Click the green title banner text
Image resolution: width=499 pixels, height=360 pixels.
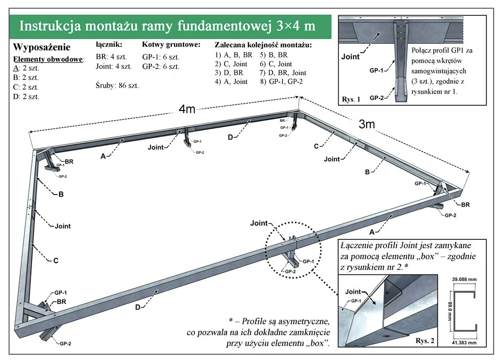tap(167, 26)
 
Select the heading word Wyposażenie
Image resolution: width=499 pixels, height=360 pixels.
tap(42, 48)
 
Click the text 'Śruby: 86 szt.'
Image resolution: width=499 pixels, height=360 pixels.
tap(117, 85)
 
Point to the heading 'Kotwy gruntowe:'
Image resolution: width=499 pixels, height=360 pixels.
tap(171, 45)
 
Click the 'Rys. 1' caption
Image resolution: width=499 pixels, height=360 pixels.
tap(352, 100)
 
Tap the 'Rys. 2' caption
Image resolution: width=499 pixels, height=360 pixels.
tap(425, 340)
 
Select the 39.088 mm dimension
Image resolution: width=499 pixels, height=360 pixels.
tap(464, 280)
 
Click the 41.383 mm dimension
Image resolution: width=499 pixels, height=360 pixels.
tap(464, 343)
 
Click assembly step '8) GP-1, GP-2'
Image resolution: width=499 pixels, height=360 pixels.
tap(281, 81)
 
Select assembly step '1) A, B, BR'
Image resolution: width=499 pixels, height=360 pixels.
tap(234, 54)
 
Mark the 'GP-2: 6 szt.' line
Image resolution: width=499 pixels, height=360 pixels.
tap(161, 66)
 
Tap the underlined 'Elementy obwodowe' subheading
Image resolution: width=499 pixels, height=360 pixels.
tap(48, 59)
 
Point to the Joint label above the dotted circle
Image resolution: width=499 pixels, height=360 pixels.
tap(259, 223)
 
